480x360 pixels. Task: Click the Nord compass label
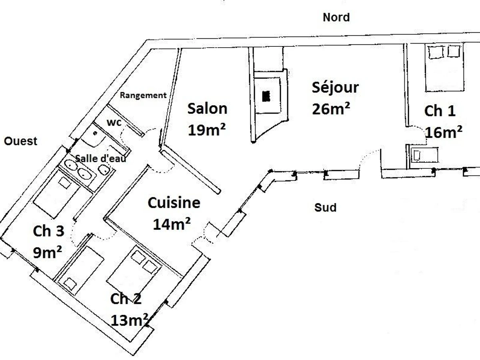point(336,18)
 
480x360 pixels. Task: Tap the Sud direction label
point(325,208)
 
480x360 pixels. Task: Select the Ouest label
point(20,141)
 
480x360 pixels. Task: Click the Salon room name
point(207,108)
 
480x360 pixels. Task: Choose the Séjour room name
point(335,87)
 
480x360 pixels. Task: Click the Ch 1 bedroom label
point(440,111)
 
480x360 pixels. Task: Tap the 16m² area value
point(444,132)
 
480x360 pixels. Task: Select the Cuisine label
point(174,203)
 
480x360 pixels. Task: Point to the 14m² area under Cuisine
point(171,224)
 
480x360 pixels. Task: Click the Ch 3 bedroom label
point(48,231)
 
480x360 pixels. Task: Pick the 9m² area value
point(47,252)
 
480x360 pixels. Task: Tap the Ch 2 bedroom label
point(126,299)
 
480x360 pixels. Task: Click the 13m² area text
point(130,320)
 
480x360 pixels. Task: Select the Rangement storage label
point(143,95)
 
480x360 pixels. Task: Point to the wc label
point(114,122)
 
